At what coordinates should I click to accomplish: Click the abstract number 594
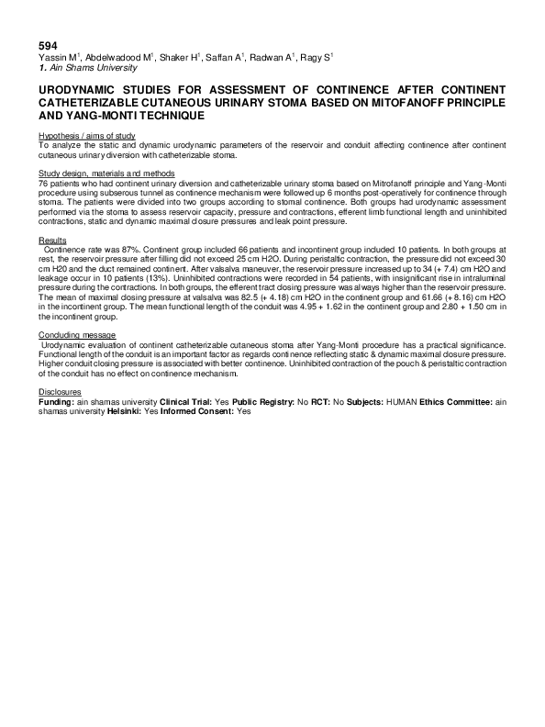[x=48, y=45]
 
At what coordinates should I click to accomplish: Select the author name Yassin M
[x=58, y=57]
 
